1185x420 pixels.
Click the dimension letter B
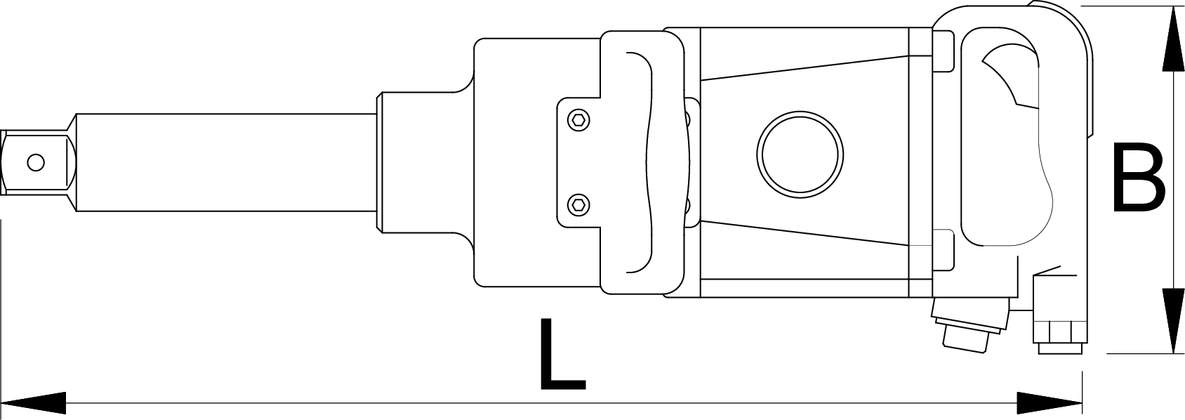pyautogui.click(x=1137, y=177)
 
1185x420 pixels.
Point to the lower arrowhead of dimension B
pyautogui.click(x=1173, y=320)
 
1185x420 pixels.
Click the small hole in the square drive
pyautogui.click(x=35, y=163)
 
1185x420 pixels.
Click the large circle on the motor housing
pyautogui.click(x=800, y=153)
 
